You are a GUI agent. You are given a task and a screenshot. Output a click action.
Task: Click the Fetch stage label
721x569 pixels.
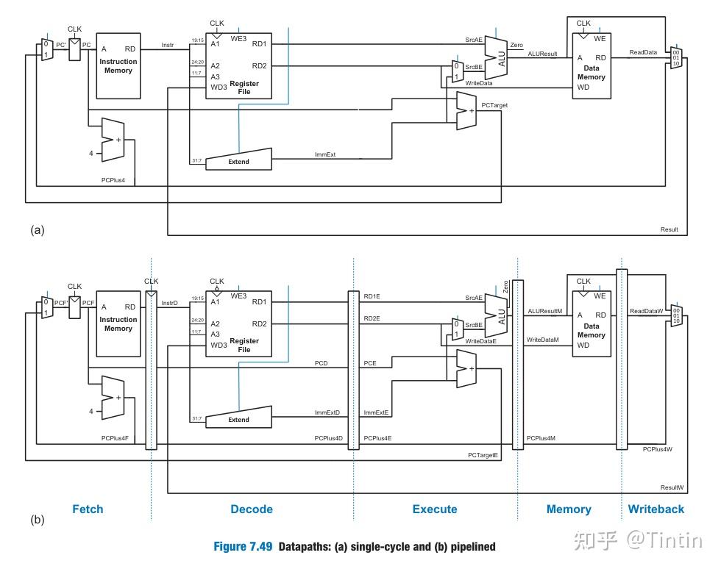coord(88,509)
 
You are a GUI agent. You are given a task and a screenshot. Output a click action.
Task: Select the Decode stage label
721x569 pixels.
coord(252,509)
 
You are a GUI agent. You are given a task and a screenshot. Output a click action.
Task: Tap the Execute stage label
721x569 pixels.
coord(435,509)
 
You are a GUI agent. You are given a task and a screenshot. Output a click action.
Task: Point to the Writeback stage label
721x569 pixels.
coord(656,509)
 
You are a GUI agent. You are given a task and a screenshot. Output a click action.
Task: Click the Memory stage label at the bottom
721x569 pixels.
coord(569,509)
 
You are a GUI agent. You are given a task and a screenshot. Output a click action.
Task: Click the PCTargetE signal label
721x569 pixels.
coord(483,455)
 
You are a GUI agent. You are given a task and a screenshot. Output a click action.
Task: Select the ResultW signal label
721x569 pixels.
coord(672,487)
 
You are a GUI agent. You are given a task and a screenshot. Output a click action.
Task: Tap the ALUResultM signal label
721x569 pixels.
coord(545,311)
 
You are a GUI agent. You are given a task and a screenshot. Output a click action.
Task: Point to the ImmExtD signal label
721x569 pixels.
coord(327,412)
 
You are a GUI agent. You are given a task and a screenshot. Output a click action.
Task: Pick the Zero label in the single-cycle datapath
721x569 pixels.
coord(516,46)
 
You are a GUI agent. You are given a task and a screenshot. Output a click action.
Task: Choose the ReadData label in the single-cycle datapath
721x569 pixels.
coord(643,52)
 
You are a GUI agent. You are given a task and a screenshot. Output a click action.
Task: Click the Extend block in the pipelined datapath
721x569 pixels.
coord(238,419)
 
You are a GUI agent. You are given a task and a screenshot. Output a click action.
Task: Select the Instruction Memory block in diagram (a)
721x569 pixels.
coord(118,66)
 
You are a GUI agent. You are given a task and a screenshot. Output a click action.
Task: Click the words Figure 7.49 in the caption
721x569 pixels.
coord(243,546)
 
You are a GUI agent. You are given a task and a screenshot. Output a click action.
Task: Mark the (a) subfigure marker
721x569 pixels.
coord(38,230)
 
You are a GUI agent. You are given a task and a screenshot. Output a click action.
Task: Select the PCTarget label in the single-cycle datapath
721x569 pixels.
coord(494,105)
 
